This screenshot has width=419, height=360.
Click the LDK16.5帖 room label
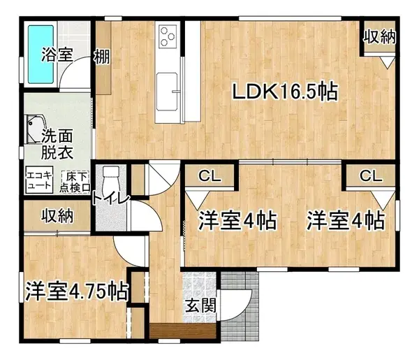(286, 92)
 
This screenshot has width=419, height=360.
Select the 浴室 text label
(57, 55)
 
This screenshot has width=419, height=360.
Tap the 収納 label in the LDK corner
(379, 36)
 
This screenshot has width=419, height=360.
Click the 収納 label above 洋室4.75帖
(56, 215)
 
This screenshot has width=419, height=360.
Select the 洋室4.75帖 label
(77, 290)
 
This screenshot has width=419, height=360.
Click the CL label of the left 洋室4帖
(209, 176)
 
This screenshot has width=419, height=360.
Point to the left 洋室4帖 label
(236, 221)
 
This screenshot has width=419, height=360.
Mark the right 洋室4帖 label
(345, 221)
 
